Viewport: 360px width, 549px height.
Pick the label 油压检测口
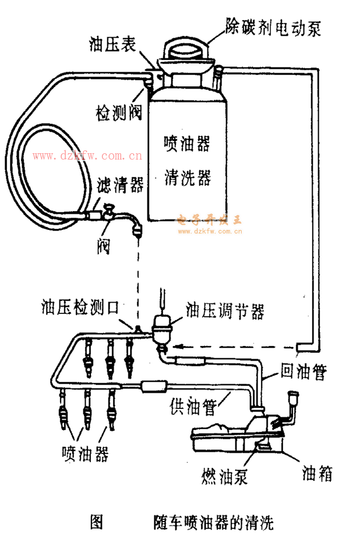tap(80, 308)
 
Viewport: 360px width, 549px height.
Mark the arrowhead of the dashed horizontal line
tap(175, 346)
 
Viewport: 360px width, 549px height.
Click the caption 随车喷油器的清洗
tap(214, 522)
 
